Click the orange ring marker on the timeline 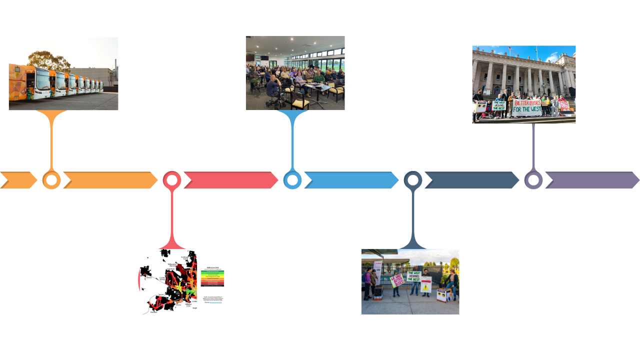(x=51, y=180)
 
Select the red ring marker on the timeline (x=172, y=180)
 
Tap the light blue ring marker (x=292, y=180)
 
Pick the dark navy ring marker (x=413, y=180)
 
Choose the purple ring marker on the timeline (x=533, y=180)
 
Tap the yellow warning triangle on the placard (x=425, y=287)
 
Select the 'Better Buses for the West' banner (x=526, y=106)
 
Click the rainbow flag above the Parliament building (x=536, y=49)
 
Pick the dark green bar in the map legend (x=212, y=272)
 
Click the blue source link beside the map (x=216, y=302)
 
